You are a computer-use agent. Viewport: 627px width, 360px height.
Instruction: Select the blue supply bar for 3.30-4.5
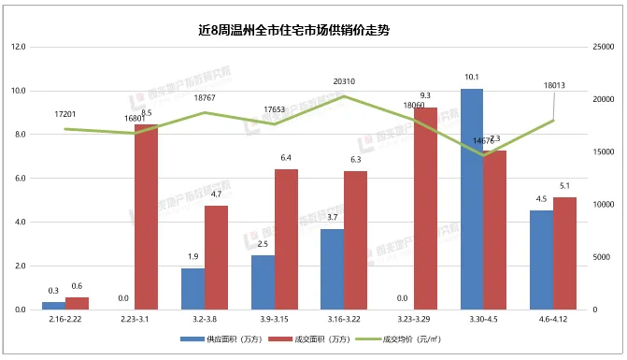(472, 199)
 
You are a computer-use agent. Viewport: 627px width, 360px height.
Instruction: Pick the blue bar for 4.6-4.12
(541, 260)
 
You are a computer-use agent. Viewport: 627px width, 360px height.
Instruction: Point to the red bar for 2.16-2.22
(77, 303)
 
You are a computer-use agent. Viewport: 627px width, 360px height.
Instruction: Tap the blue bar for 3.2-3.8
(192, 289)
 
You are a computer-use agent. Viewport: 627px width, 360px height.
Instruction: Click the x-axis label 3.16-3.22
(344, 319)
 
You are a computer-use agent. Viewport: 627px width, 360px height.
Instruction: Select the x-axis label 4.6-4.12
(553, 319)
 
